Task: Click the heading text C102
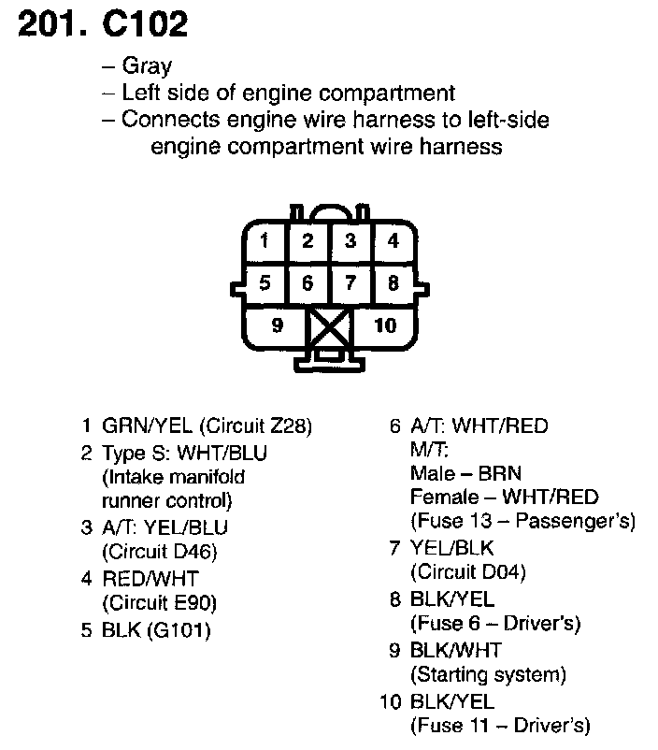145,25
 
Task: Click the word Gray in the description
147,66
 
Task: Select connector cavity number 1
265,241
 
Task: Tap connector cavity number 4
393,241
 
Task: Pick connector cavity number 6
308,282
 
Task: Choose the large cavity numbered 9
276,325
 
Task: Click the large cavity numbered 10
385,325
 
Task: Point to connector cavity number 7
350,282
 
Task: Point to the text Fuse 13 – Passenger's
522,520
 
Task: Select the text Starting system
488,673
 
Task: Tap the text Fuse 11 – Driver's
500,725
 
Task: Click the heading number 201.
49,25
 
